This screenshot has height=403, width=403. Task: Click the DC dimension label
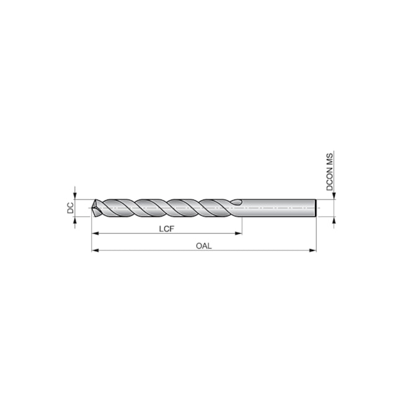[71, 208]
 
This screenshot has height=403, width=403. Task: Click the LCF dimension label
[166, 229]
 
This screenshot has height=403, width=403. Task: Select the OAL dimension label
[204, 246]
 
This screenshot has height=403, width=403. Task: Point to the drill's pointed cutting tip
[92, 208]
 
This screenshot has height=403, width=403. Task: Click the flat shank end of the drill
[316, 208]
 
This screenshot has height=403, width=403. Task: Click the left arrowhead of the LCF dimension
[95, 234]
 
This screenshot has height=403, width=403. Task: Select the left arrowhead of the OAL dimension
[95, 250]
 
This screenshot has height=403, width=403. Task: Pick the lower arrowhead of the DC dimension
[74, 221]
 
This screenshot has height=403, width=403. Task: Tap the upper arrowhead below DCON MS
[334, 197]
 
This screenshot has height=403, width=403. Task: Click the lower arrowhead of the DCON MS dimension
[334, 220]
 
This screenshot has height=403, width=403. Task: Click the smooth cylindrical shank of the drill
[279, 208]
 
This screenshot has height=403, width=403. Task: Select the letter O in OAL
[199, 246]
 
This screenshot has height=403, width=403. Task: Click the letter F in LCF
[172, 229]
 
